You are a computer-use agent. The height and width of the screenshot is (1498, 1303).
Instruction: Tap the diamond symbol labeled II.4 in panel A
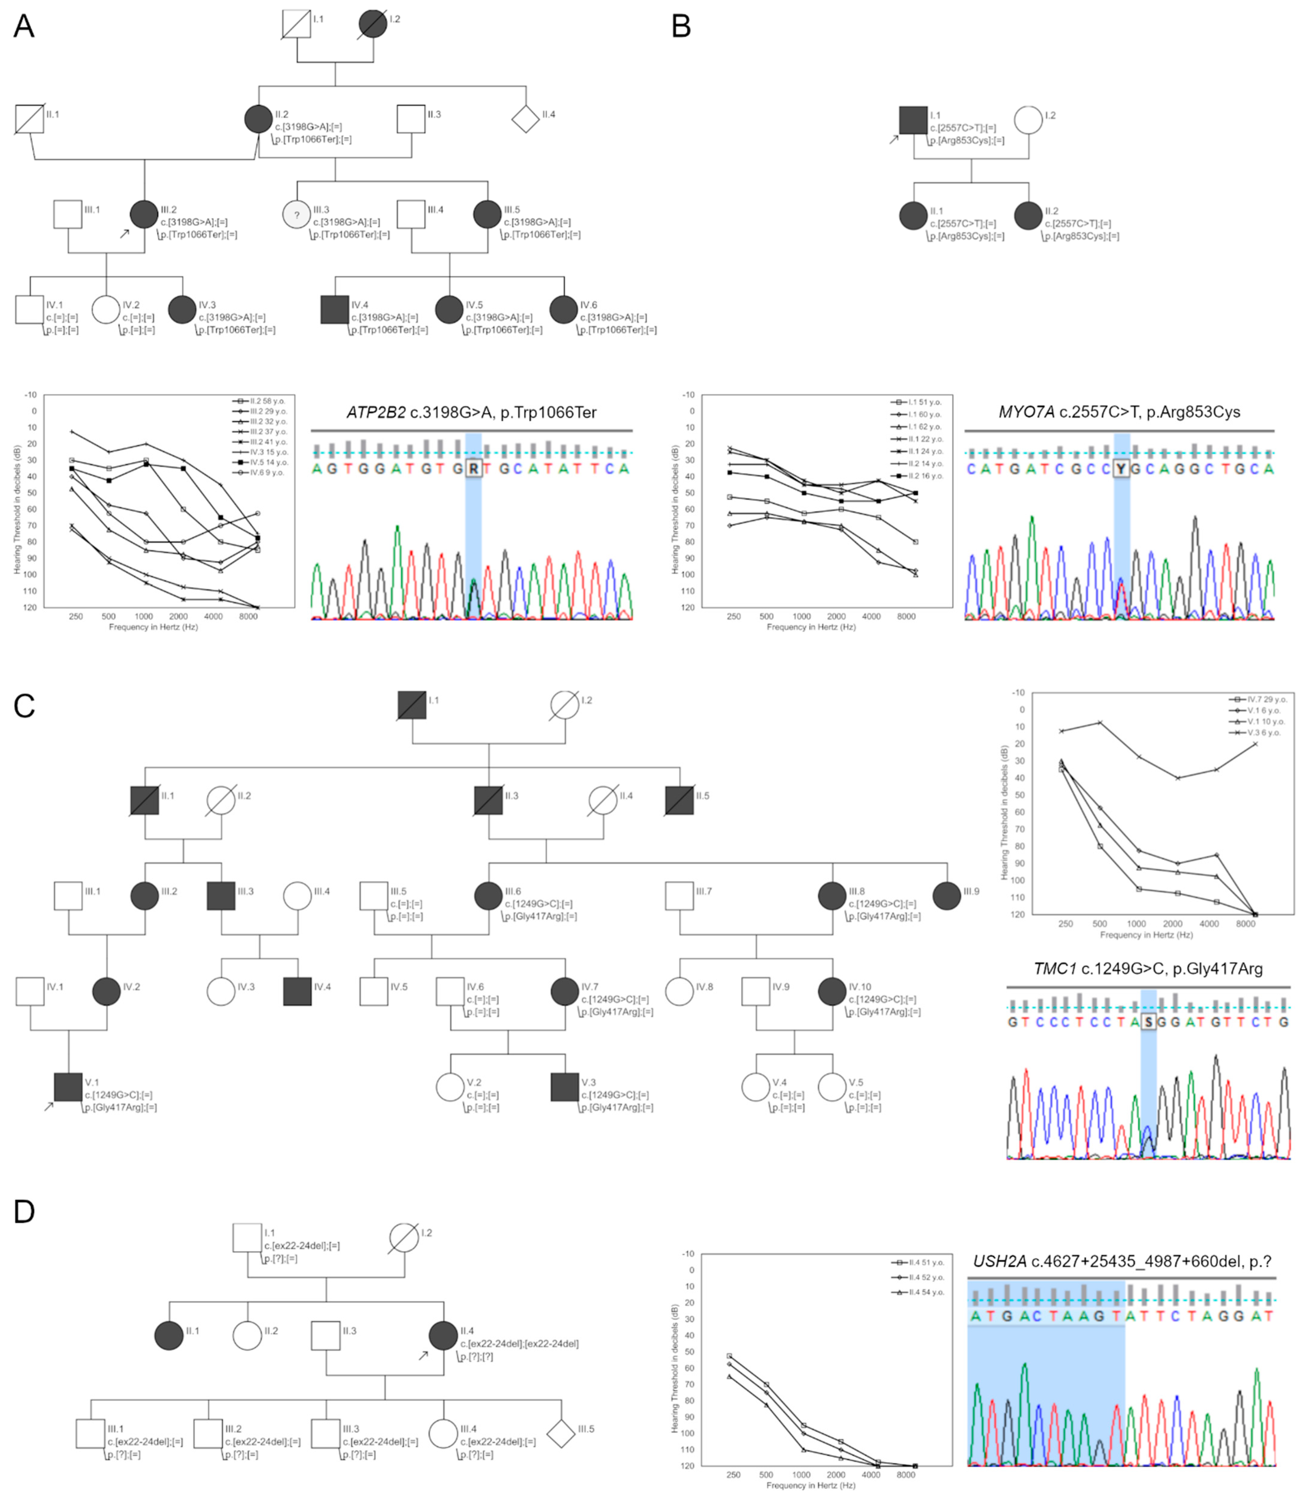[525, 118]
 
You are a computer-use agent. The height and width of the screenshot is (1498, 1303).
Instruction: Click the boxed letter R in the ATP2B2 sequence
[473, 468]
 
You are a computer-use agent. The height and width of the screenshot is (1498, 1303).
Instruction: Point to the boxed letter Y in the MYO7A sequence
[1121, 468]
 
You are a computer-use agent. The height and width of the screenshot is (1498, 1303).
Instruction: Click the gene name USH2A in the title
[1000, 1261]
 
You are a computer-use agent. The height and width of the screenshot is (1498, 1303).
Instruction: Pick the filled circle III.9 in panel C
[947, 896]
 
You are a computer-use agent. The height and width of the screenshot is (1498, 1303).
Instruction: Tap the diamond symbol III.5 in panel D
[560, 1433]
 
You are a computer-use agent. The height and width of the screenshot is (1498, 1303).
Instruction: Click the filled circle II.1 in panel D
[169, 1336]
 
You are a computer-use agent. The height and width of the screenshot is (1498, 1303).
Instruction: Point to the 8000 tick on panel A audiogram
[249, 616]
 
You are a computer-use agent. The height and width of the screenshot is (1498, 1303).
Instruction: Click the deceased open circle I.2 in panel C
[565, 704]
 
